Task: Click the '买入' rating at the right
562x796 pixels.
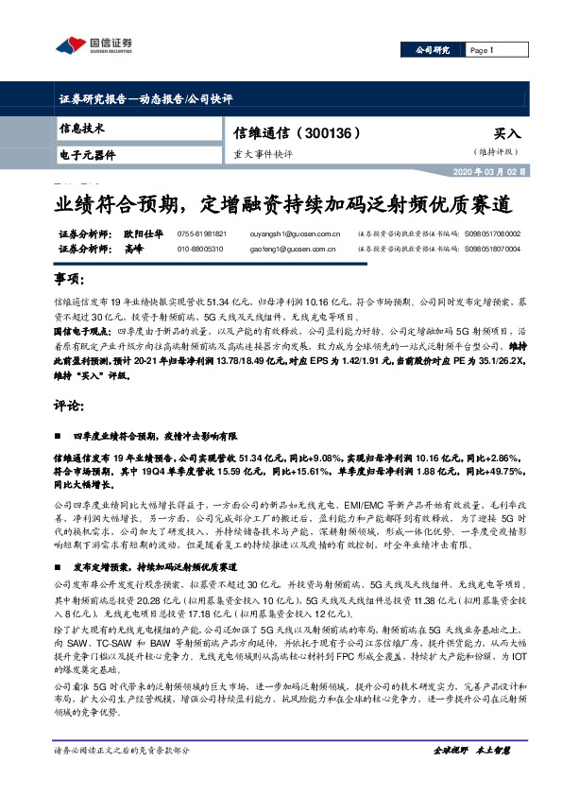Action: (x=506, y=134)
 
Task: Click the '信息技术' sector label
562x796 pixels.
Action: (x=81, y=128)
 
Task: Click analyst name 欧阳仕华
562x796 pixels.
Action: (x=143, y=234)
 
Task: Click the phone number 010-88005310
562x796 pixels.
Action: (x=200, y=249)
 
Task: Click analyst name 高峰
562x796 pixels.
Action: (x=132, y=249)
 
